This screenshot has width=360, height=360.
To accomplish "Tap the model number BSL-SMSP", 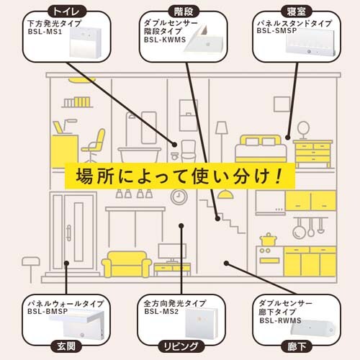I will pyautogui.click(x=278, y=32).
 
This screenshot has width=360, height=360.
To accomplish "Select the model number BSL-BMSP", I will pyautogui.click(x=47, y=312).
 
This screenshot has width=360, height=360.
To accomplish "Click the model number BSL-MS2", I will pyautogui.click(x=161, y=312).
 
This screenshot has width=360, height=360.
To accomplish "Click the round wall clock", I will pyautogui.click(x=177, y=196).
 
